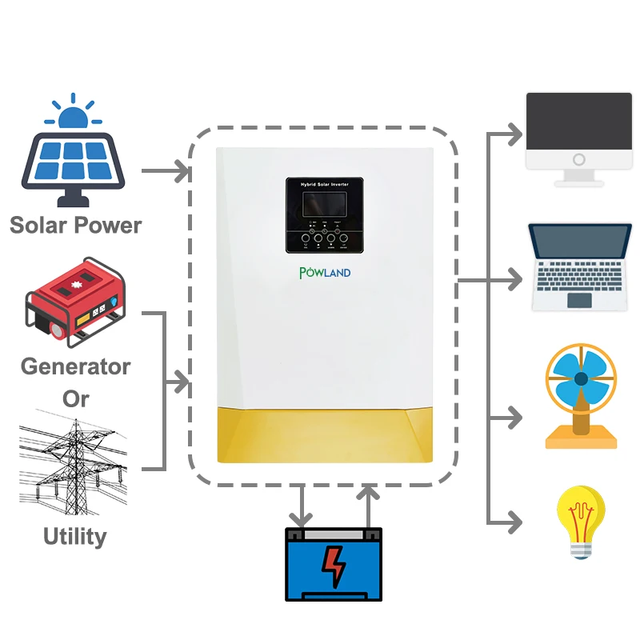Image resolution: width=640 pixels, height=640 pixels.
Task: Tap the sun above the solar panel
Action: click(x=74, y=116)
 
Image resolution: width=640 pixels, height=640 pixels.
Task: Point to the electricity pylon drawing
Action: click(x=77, y=463)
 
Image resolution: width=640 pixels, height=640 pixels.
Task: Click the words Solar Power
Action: click(x=75, y=225)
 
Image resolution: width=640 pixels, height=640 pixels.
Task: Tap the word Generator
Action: click(x=75, y=366)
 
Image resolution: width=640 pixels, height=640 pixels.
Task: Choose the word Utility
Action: click(x=74, y=535)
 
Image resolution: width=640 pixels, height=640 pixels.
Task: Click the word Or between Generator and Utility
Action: click(x=75, y=398)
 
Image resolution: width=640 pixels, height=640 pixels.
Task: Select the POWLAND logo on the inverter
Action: click(x=325, y=273)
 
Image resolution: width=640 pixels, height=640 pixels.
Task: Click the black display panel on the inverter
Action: click(x=325, y=214)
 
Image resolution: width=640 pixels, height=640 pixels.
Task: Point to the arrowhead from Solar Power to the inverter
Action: click(x=183, y=171)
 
